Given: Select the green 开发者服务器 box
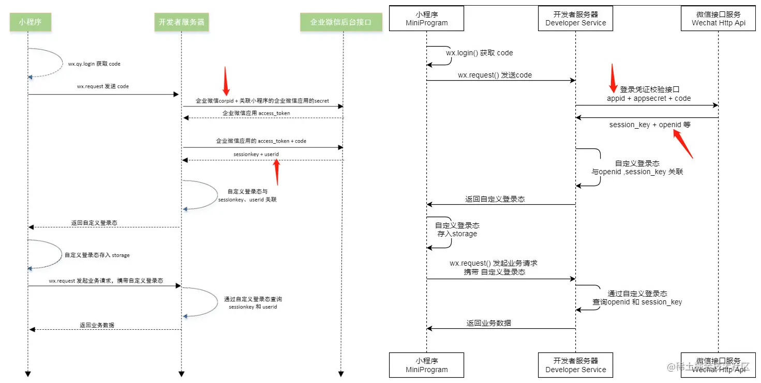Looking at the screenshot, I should [x=181, y=22].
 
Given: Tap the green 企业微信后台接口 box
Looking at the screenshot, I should [x=340, y=22].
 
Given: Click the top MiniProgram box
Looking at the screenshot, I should [x=426, y=19].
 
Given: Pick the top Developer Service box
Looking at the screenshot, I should [x=575, y=19].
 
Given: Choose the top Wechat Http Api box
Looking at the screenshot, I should [x=719, y=19].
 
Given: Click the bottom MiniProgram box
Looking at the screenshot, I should [x=426, y=365].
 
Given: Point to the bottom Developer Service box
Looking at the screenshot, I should [x=575, y=365].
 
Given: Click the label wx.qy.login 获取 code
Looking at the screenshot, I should [x=94, y=64].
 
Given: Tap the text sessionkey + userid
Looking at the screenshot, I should [x=252, y=154].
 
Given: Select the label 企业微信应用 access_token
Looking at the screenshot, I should [x=256, y=113].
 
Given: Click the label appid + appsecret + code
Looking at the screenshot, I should [x=649, y=98].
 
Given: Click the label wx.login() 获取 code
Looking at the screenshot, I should [x=480, y=53].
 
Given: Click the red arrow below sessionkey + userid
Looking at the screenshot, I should [x=277, y=172].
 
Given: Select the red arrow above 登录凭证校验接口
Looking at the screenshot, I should [x=613, y=76].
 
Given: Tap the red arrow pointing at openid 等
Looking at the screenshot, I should [x=684, y=144].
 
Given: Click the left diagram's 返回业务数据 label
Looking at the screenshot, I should [x=97, y=325].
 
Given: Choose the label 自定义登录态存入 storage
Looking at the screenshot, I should [x=97, y=255].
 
